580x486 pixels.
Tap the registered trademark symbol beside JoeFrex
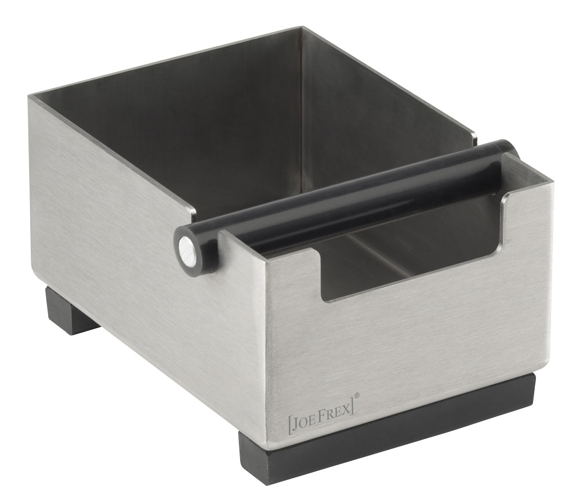(357, 396)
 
